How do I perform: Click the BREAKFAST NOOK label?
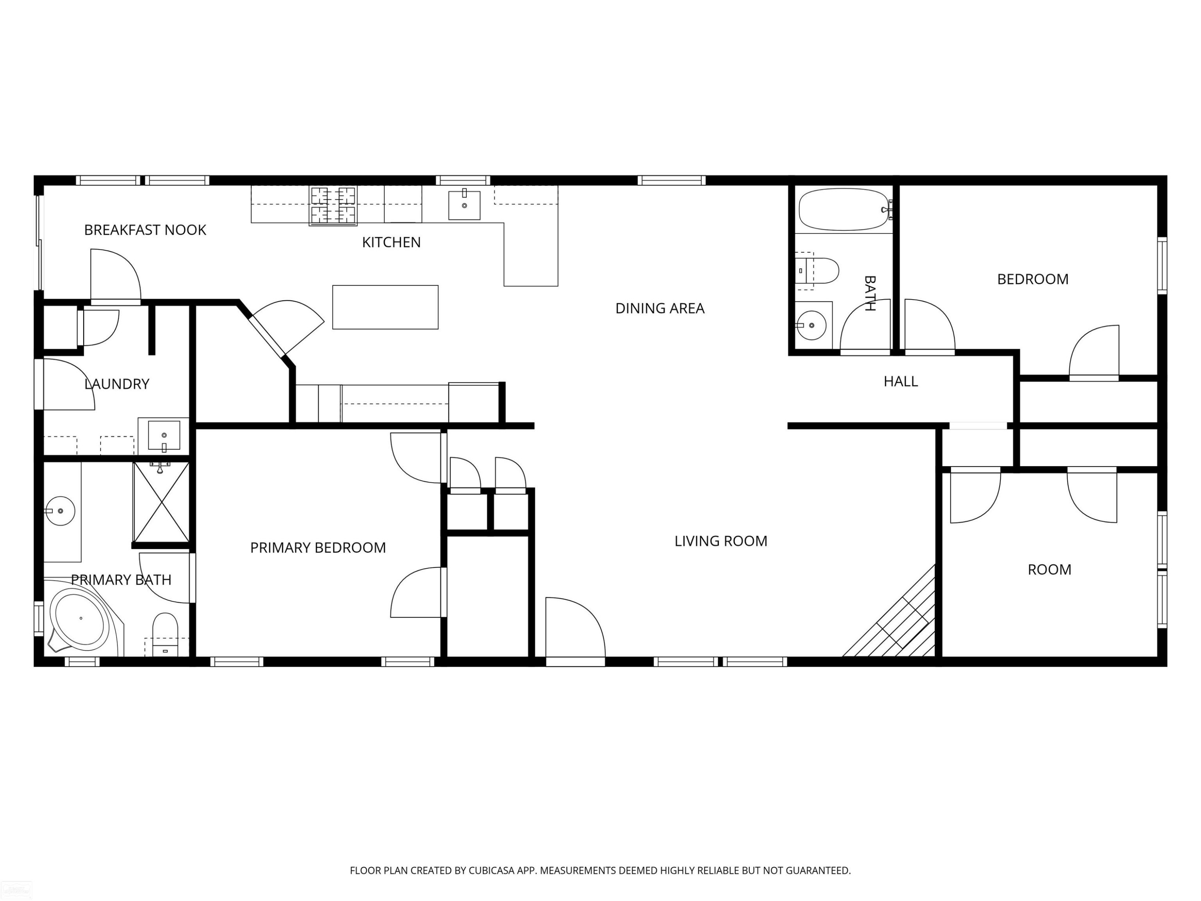(x=145, y=230)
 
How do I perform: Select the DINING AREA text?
(x=660, y=308)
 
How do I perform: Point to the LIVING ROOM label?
(x=721, y=541)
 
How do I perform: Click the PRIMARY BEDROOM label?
(x=317, y=547)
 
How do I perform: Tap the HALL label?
(x=901, y=381)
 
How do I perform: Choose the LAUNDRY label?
(x=117, y=384)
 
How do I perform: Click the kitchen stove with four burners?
(x=333, y=205)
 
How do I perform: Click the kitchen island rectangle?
(x=386, y=307)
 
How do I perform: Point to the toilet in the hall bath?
(x=817, y=270)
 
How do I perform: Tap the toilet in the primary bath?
(x=165, y=634)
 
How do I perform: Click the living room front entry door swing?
(x=576, y=630)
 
